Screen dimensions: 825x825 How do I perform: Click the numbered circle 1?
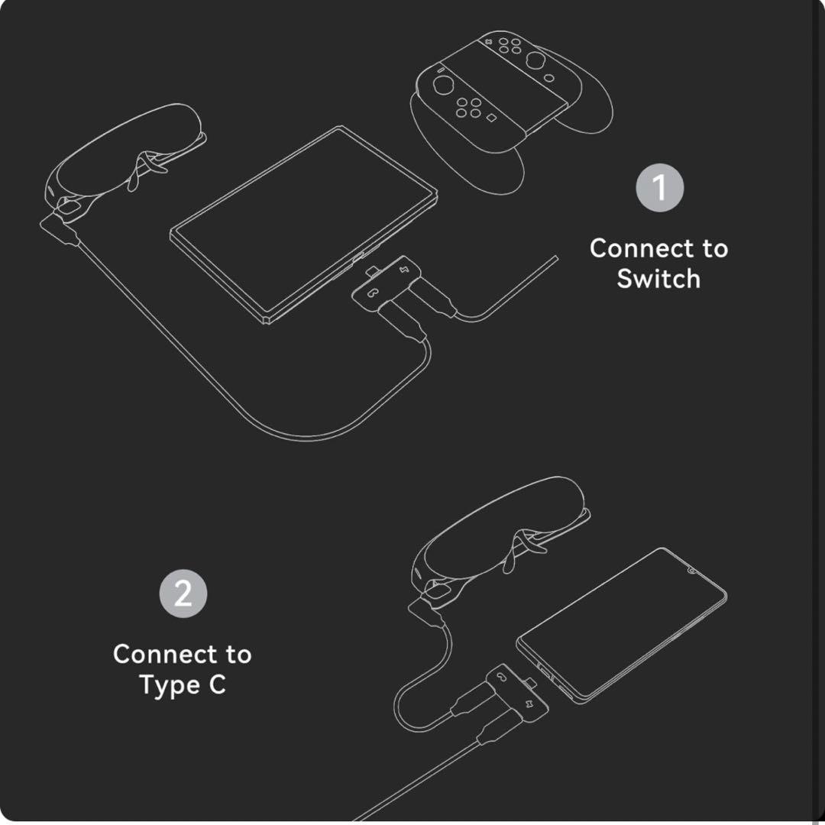click(660, 188)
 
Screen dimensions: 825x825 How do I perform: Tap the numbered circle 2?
click(183, 594)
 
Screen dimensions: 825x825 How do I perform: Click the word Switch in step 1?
click(658, 278)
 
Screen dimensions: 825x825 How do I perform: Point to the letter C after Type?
click(217, 684)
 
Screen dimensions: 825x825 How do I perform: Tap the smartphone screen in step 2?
click(622, 625)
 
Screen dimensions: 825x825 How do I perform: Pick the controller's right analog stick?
click(535, 60)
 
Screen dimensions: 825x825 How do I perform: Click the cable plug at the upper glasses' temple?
click(60, 229)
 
